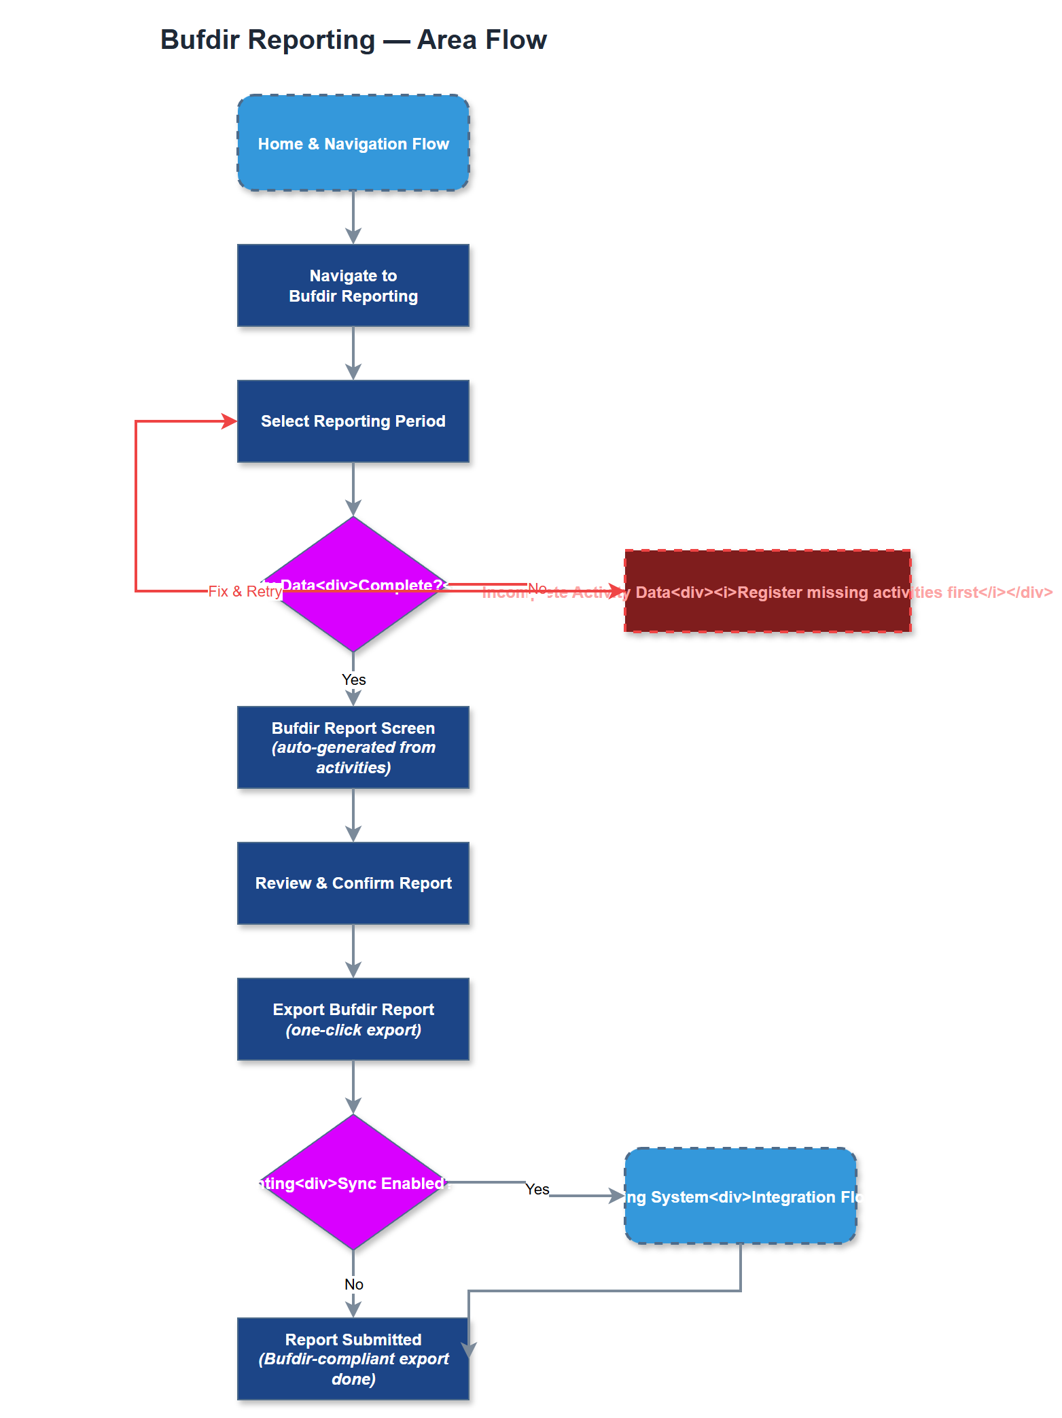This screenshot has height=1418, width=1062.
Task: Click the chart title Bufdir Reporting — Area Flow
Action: pos(353,40)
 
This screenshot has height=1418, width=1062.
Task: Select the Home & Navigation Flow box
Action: pos(353,143)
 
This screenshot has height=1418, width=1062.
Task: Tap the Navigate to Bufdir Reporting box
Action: pos(353,285)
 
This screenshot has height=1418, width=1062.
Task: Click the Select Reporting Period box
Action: pos(353,421)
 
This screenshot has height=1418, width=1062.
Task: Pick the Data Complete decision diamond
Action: pos(353,611)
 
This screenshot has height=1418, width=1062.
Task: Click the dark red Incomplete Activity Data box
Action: pos(768,611)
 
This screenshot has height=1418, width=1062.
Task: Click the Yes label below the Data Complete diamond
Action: pos(353,679)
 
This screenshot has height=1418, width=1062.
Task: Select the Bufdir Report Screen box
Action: pos(353,747)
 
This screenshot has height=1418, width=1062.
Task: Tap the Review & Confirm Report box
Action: pos(353,883)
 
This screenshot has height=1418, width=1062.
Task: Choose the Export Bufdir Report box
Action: pos(353,1019)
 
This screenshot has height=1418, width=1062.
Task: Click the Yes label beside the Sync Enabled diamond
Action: pos(537,1189)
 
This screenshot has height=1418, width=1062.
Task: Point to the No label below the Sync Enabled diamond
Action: pos(353,1284)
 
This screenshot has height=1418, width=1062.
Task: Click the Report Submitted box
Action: pos(353,1359)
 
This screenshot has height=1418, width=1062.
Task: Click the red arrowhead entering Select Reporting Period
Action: pos(230,421)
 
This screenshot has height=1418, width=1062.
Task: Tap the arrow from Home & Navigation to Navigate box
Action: pos(353,217)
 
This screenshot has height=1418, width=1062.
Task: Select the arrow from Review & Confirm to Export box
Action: pos(353,951)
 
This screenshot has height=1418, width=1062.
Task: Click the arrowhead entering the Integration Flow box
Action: pos(617,1196)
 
